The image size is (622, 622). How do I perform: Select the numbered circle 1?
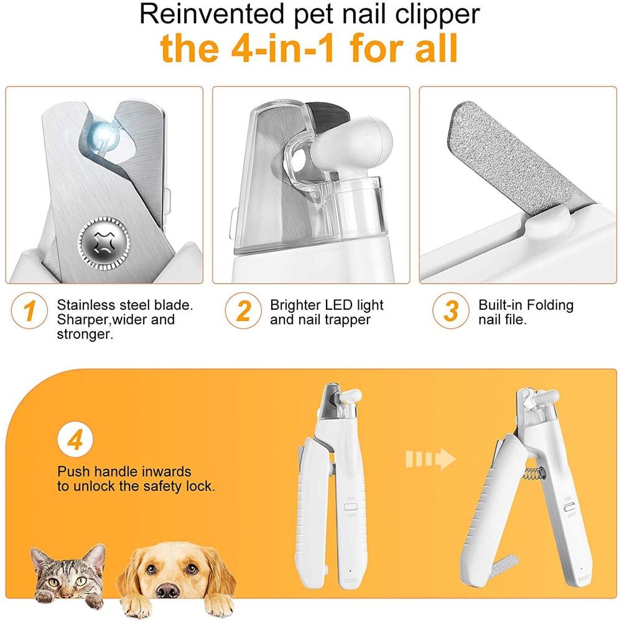tap(29, 311)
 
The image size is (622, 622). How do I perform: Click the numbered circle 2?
tap(243, 311)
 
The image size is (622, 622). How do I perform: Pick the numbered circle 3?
tap(451, 311)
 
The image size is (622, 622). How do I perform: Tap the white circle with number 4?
tap(75, 441)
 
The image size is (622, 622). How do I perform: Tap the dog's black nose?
tap(169, 588)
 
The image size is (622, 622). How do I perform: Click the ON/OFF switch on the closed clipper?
tap(349, 506)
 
